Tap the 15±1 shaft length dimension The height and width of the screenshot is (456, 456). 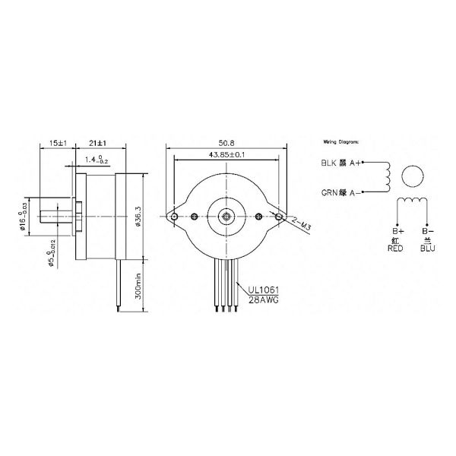56,142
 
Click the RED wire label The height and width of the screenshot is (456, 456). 394,248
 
